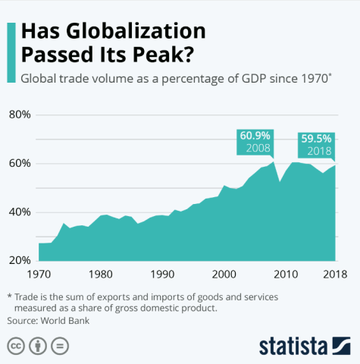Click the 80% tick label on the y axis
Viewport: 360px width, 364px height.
pos(19,115)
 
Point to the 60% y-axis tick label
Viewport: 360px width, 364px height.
pos(19,164)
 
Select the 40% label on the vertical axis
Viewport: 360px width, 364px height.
pos(19,212)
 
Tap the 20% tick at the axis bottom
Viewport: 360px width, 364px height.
pos(19,260)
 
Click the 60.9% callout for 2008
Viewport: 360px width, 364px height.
pos(255,142)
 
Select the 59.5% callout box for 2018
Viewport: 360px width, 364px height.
pos(316,145)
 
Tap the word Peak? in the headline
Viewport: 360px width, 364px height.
pos(159,55)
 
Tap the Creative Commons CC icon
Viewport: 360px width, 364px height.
pos(15,347)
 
